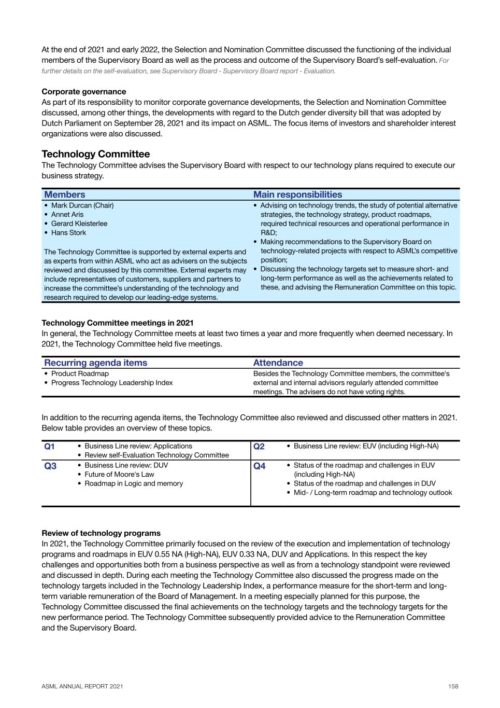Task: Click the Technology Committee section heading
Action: [x=95, y=154]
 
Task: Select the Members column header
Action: [x=65, y=195]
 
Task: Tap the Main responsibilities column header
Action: [x=297, y=195]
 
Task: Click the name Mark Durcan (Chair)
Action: [x=82, y=205]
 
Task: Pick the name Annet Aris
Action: [x=67, y=214]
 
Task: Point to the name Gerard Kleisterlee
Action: [x=79, y=224]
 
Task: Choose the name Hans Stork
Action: [x=68, y=232]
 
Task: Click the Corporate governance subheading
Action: [x=83, y=92]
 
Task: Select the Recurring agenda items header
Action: [x=95, y=363]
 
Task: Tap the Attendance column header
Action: [x=278, y=363]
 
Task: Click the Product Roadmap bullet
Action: [x=80, y=373]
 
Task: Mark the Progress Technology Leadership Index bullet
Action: [x=112, y=383]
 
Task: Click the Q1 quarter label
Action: [x=50, y=447]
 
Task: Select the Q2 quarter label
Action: [x=259, y=447]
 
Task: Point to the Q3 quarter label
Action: [x=50, y=466]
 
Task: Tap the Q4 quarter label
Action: [x=259, y=466]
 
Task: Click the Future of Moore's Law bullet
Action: [x=119, y=474]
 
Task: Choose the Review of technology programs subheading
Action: [x=101, y=533]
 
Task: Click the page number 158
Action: [x=453, y=686]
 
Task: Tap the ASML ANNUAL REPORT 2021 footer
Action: [x=82, y=686]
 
